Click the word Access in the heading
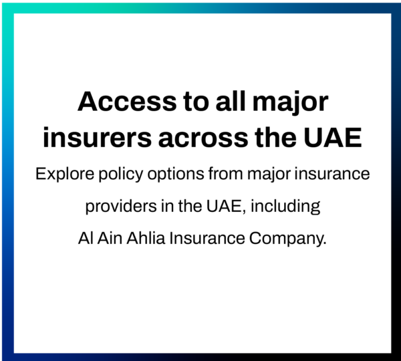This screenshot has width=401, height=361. (127, 102)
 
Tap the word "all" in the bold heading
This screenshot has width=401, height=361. (231, 101)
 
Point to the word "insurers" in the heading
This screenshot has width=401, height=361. (98, 138)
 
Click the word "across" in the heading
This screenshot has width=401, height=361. (203, 140)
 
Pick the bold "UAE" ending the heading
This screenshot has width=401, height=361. (332, 138)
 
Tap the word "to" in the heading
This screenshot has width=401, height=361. (196, 102)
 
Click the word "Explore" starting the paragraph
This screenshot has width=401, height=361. (65, 174)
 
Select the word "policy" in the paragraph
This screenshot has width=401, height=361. (121, 174)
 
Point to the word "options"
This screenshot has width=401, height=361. (176, 174)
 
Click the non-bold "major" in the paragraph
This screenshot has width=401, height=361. (269, 174)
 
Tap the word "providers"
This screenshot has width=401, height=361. (121, 207)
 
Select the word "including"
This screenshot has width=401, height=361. (285, 207)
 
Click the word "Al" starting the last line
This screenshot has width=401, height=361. (86, 238)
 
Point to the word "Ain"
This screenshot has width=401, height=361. (110, 238)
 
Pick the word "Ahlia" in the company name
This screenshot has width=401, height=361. (146, 238)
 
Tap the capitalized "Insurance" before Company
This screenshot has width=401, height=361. (207, 238)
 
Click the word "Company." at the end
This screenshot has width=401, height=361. (287, 239)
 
